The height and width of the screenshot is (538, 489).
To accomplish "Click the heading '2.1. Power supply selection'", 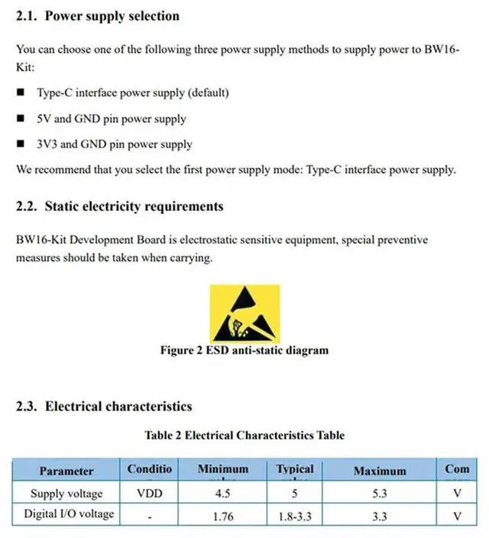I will (x=98, y=16).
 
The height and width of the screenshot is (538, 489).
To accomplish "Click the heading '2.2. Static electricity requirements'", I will (x=119, y=206).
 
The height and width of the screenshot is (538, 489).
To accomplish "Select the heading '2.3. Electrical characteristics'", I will (x=104, y=406).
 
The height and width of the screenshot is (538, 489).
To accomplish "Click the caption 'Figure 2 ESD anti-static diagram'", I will (x=244, y=351).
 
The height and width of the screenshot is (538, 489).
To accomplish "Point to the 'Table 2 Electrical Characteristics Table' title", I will (x=244, y=436).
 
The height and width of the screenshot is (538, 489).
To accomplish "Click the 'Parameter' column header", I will (x=66, y=471).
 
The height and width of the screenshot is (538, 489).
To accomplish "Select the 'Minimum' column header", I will (x=223, y=469).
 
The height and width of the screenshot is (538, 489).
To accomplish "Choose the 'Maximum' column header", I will (x=380, y=471).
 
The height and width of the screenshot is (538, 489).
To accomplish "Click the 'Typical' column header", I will (x=295, y=469).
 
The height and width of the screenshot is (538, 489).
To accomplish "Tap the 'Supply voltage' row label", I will (x=66, y=493).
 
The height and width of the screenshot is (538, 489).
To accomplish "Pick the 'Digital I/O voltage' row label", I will (x=69, y=514).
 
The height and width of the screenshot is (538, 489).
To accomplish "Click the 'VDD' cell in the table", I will (x=150, y=494).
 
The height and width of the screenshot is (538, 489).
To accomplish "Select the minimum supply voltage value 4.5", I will (x=223, y=494).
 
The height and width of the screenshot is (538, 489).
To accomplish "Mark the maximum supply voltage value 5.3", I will (x=380, y=494).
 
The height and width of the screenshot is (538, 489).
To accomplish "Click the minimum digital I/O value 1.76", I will (x=223, y=516).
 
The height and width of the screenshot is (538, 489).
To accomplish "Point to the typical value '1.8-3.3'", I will (x=296, y=516).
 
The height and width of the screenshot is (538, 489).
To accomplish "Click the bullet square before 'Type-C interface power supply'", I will (x=21, y=93).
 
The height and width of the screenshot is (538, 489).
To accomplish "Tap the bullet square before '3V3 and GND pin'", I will (x=21, y=144).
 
